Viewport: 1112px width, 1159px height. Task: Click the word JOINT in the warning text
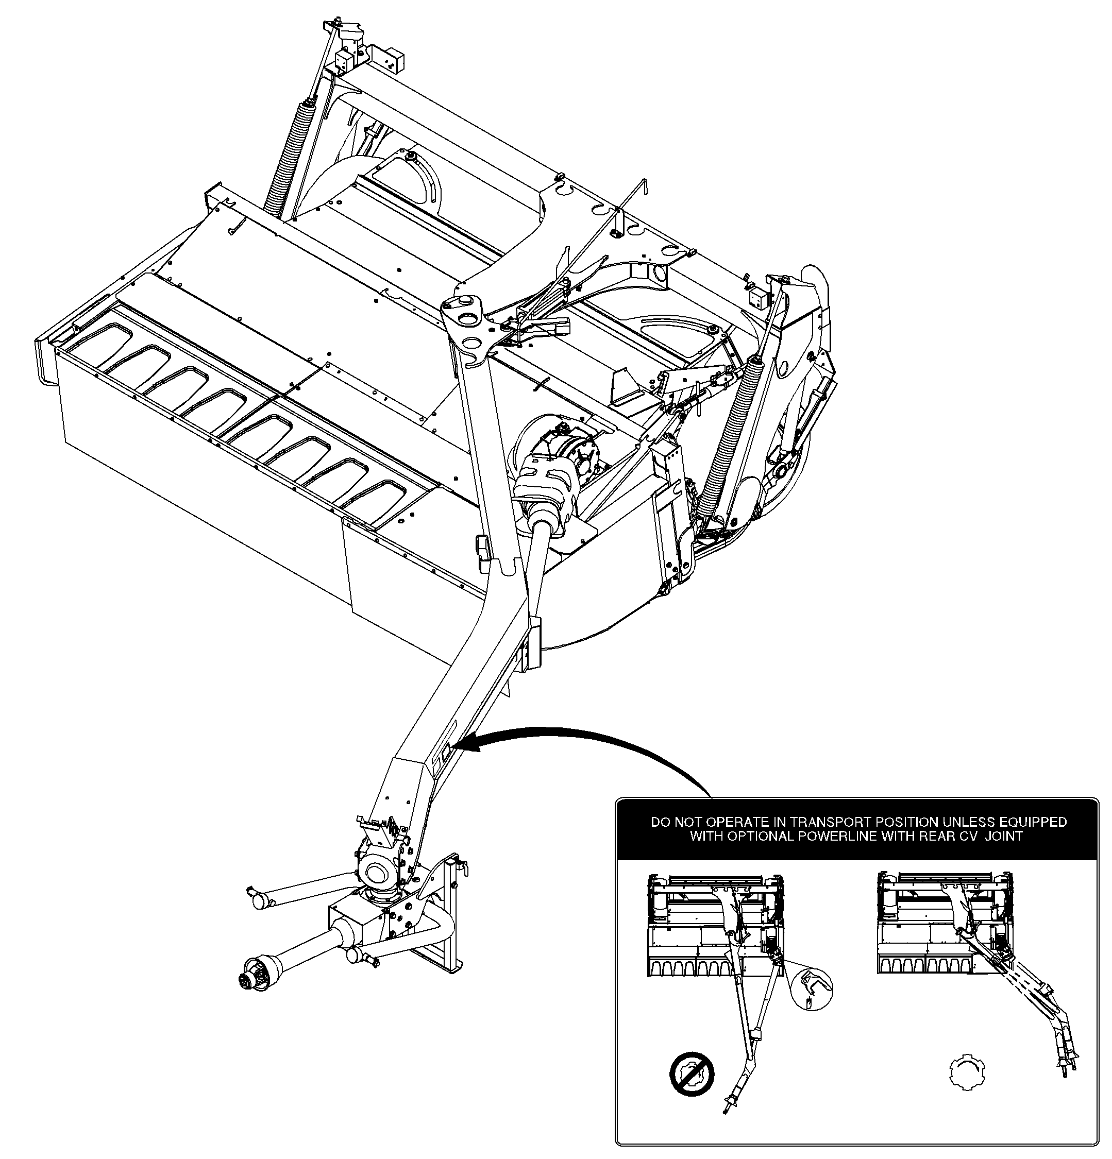pyautogui.click(x=1004, y=836)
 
